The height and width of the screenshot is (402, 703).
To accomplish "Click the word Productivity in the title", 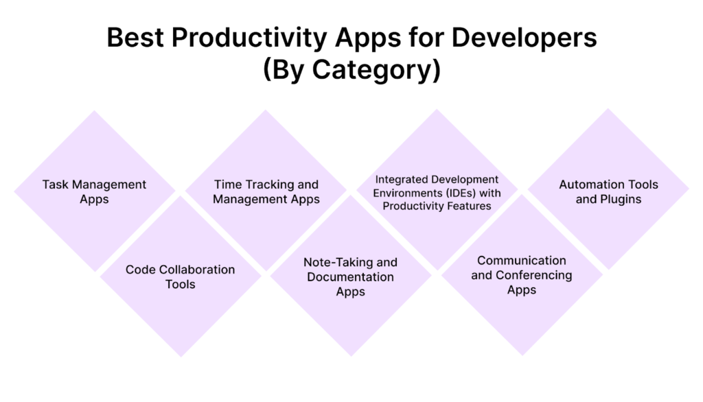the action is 249,38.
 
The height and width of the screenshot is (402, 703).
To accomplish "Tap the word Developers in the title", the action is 524,38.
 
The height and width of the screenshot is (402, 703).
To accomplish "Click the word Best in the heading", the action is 135,37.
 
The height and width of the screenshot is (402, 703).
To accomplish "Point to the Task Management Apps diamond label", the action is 94,192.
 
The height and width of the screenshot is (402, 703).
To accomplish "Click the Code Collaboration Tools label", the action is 181,277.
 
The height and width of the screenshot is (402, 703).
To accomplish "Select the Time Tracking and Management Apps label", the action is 266,192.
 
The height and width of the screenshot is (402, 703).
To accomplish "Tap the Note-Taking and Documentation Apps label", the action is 351,277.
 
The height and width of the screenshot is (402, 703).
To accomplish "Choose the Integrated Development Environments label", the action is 437,193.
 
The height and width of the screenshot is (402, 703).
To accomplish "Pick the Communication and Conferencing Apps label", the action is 522,275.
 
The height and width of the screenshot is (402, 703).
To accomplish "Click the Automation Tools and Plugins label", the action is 608,192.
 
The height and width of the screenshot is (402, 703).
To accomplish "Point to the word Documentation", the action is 351,277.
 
